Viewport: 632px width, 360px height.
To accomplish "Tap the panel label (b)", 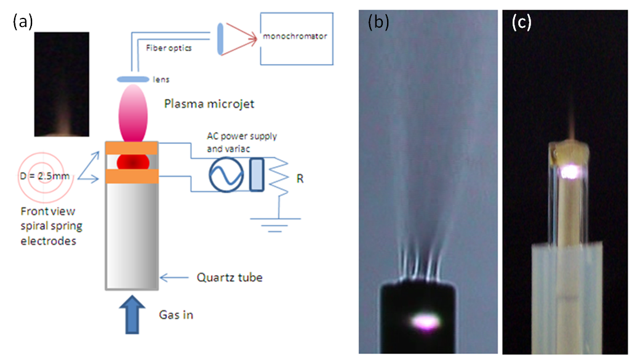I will click(376, 23).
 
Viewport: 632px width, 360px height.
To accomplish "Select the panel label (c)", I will click(522, 23).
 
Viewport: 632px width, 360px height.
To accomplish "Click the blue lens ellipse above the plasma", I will click(132, 79).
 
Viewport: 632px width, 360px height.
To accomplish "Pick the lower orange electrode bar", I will click(132, 177).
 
